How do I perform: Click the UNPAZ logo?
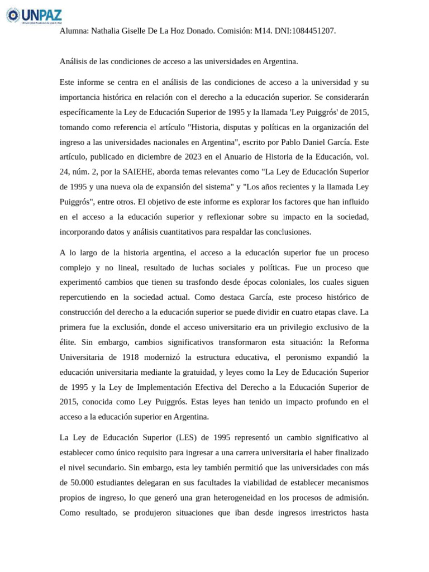click(34, 15)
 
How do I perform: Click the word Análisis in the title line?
click(74, 61)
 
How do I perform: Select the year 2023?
click(208, 157)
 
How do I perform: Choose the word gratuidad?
click(198, 371)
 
